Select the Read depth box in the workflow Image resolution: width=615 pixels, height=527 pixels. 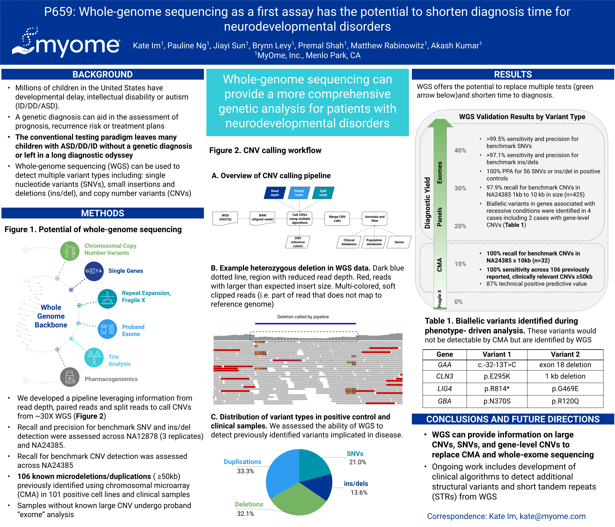click(275, 193)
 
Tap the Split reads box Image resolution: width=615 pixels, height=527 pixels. click(323, 193)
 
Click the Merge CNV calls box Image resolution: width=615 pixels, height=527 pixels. click(337, 219)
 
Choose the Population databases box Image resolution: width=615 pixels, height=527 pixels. click(374, 242)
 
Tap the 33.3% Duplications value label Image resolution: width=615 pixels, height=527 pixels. click(245, 471)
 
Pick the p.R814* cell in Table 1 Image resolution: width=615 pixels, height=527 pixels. click(497, 389)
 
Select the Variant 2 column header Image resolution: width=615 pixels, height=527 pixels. click(565, 354)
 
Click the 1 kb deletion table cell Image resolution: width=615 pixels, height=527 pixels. click(565, 376)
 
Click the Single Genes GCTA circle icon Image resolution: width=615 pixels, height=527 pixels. click(94, 271)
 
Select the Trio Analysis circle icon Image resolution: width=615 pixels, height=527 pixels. click(94, 357)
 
